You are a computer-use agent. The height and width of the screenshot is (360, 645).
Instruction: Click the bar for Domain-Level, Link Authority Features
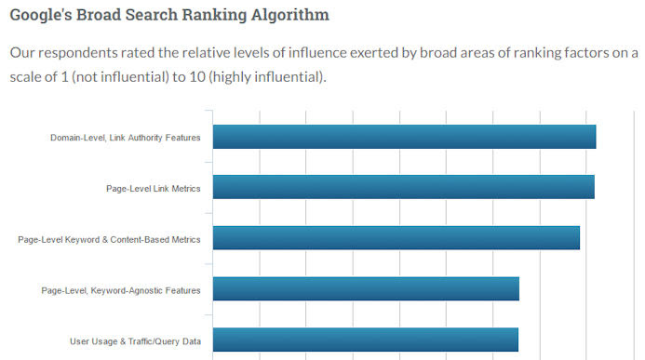pyautogui.click(x=404, y=137)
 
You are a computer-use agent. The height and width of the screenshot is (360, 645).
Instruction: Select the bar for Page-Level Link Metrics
pyautogui.click(x=403, y=187)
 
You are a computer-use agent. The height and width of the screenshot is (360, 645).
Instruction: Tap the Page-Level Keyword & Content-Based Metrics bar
pyautogui.click(x=396, y=238)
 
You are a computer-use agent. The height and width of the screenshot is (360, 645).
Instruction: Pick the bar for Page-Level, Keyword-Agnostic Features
pyautogui.click(x=366, y=289)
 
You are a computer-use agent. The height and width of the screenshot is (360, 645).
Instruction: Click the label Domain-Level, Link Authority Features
pyautogui.click(x=125, y=138)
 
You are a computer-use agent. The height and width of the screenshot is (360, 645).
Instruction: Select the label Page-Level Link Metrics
pyautogui.click(x=153, y=188)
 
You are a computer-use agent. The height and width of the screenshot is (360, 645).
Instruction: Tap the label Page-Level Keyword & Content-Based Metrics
pyautogui.click(x=109, y=239)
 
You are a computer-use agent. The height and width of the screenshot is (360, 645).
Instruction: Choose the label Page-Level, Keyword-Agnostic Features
pyautogui.click(x=121, y=290)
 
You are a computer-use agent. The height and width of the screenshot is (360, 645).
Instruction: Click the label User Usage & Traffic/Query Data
pyautogui.click(x=135, y=340)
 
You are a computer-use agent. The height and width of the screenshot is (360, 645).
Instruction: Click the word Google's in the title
pyautogui.click(x=41, y=16)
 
